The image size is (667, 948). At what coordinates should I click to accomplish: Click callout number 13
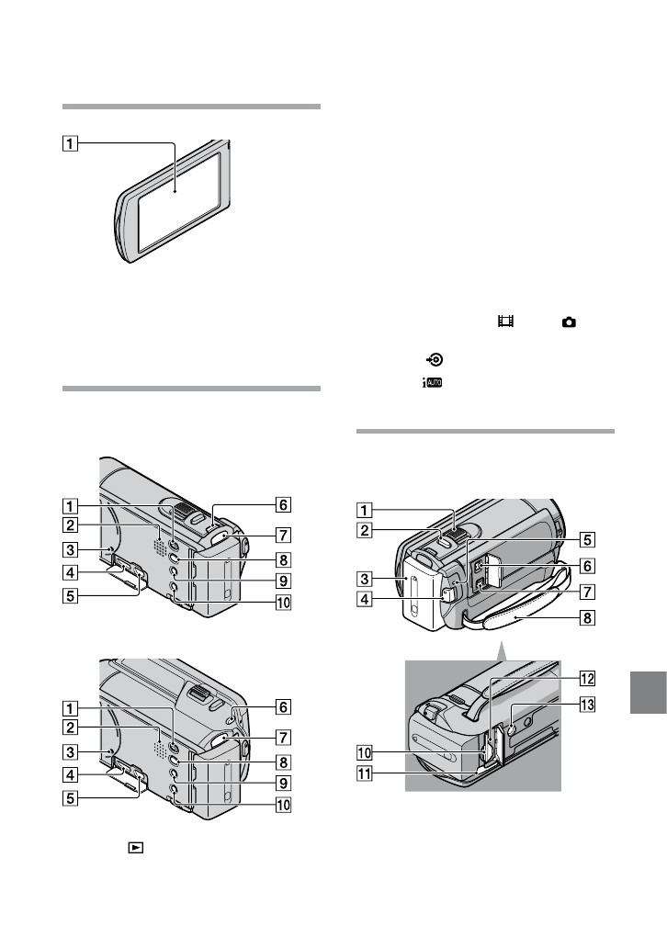pos(586,705)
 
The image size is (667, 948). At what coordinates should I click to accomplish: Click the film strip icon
pos(503,322)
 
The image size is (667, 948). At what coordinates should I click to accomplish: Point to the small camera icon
pos(570,322)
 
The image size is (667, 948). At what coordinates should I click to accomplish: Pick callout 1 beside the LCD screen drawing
pos(71,142)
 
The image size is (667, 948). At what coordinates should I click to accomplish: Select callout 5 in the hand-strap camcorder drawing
pos(586,540)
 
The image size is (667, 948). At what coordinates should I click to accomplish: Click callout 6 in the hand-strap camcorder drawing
pos(586,567)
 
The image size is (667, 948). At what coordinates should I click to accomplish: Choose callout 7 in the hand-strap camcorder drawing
pos(586,592)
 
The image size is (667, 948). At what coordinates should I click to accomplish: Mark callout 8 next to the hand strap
pos(586,618)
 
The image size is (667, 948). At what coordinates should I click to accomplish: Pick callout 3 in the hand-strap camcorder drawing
pos(364,579)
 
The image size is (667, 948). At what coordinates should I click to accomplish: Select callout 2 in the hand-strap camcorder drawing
pos(364,530)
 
